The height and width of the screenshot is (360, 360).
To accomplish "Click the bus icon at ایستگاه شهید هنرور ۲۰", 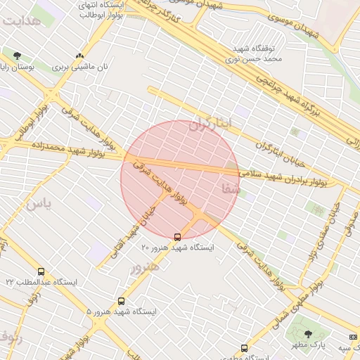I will coord(177,236).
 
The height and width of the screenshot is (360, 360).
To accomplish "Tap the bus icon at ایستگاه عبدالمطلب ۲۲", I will coord(41,271).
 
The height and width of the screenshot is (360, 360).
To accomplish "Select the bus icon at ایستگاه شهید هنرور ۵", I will coord(121,301).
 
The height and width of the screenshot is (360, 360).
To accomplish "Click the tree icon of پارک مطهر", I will coord(308,333).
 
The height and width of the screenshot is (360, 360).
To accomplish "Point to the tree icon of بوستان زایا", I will coord(17,56).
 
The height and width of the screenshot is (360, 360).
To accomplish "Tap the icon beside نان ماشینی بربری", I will coord(79,56).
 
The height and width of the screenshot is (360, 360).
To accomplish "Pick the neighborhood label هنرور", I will coord(144,266).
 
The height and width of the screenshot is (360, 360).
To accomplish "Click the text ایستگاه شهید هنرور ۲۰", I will coord(177,247).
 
